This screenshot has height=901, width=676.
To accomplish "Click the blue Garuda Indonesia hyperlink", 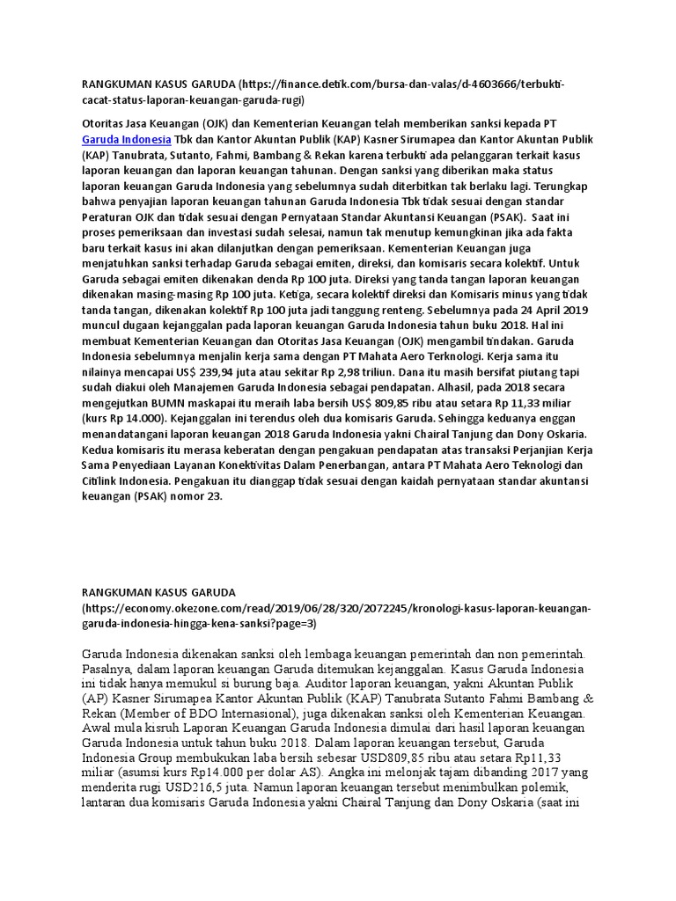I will click(x=126, y=140).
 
